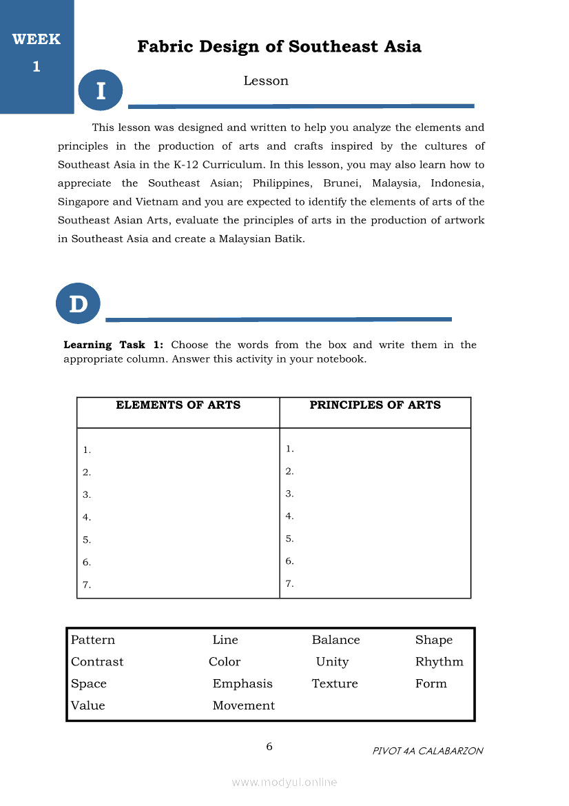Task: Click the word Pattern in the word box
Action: [x=93, y=640]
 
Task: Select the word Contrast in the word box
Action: [x=97, y=662]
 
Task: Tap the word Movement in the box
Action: [x=243, y=705]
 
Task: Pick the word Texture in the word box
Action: [x=335, y=684]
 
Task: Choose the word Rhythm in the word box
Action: [x=439, y=662]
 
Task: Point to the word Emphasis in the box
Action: [x=242, y=684]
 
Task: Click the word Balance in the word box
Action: [x=335, y=640]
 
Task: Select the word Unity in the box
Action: [x=332, y=662]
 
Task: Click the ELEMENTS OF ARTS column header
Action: [x=178, y=405]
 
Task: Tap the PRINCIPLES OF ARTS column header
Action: [x=375, y=405]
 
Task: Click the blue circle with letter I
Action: [x=101, y=90]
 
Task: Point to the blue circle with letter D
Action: [x=79, y=303]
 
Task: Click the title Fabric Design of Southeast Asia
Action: [x=279, y=47]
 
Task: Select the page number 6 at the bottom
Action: [x=269, y=747]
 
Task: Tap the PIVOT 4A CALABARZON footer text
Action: [x=428, y=751]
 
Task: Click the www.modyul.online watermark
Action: [x=284, y=782]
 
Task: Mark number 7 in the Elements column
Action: [x=87, y=585]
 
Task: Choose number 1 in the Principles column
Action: [x=290, y=449]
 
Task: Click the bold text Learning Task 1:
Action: [x=113, y=345]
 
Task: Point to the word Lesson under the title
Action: [x=266, y=81]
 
